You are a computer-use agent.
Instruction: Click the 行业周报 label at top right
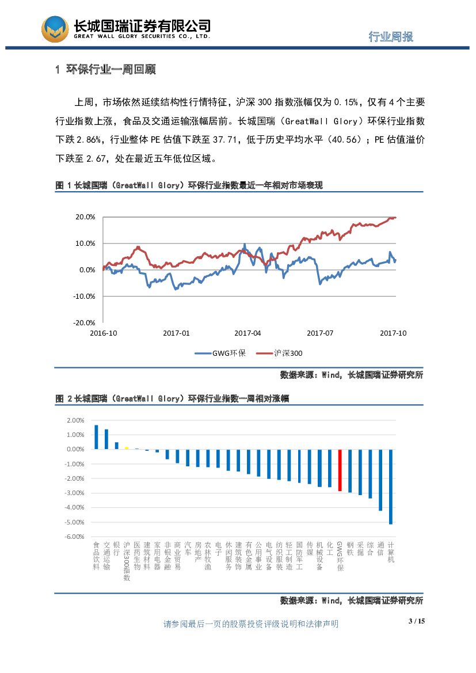pyautogui.click(x=391, y=36)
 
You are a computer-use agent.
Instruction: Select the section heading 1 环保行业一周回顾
pyautogui.click(x=105, y=70)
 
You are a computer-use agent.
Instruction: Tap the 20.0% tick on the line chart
pyautogui.click(x=85, y=217)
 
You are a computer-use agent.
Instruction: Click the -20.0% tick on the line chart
pyautogui.click(x=84, y=322)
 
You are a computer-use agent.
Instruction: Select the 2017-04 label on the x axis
pyautogui.click(x=247, y=333)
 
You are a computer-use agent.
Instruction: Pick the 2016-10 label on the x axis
pyautogui.click(x=104, y=333)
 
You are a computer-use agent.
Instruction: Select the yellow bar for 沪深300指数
pyautogui.click(x=127, y=448)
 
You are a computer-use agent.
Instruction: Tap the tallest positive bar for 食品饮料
pyautogui.click(x=96, y=437)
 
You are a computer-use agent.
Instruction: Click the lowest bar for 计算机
pyautogui.click(x=391, y=486)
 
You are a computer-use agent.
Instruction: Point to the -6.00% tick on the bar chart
pyautogui.click(x=75, y=537)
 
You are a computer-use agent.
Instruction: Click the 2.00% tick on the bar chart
pyautogui.click(x=76, y=420)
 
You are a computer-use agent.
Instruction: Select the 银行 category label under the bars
pyautogui.click(x=116, y=547)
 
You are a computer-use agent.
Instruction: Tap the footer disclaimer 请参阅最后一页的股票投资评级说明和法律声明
pyautogui.click(x=251, y=624)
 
